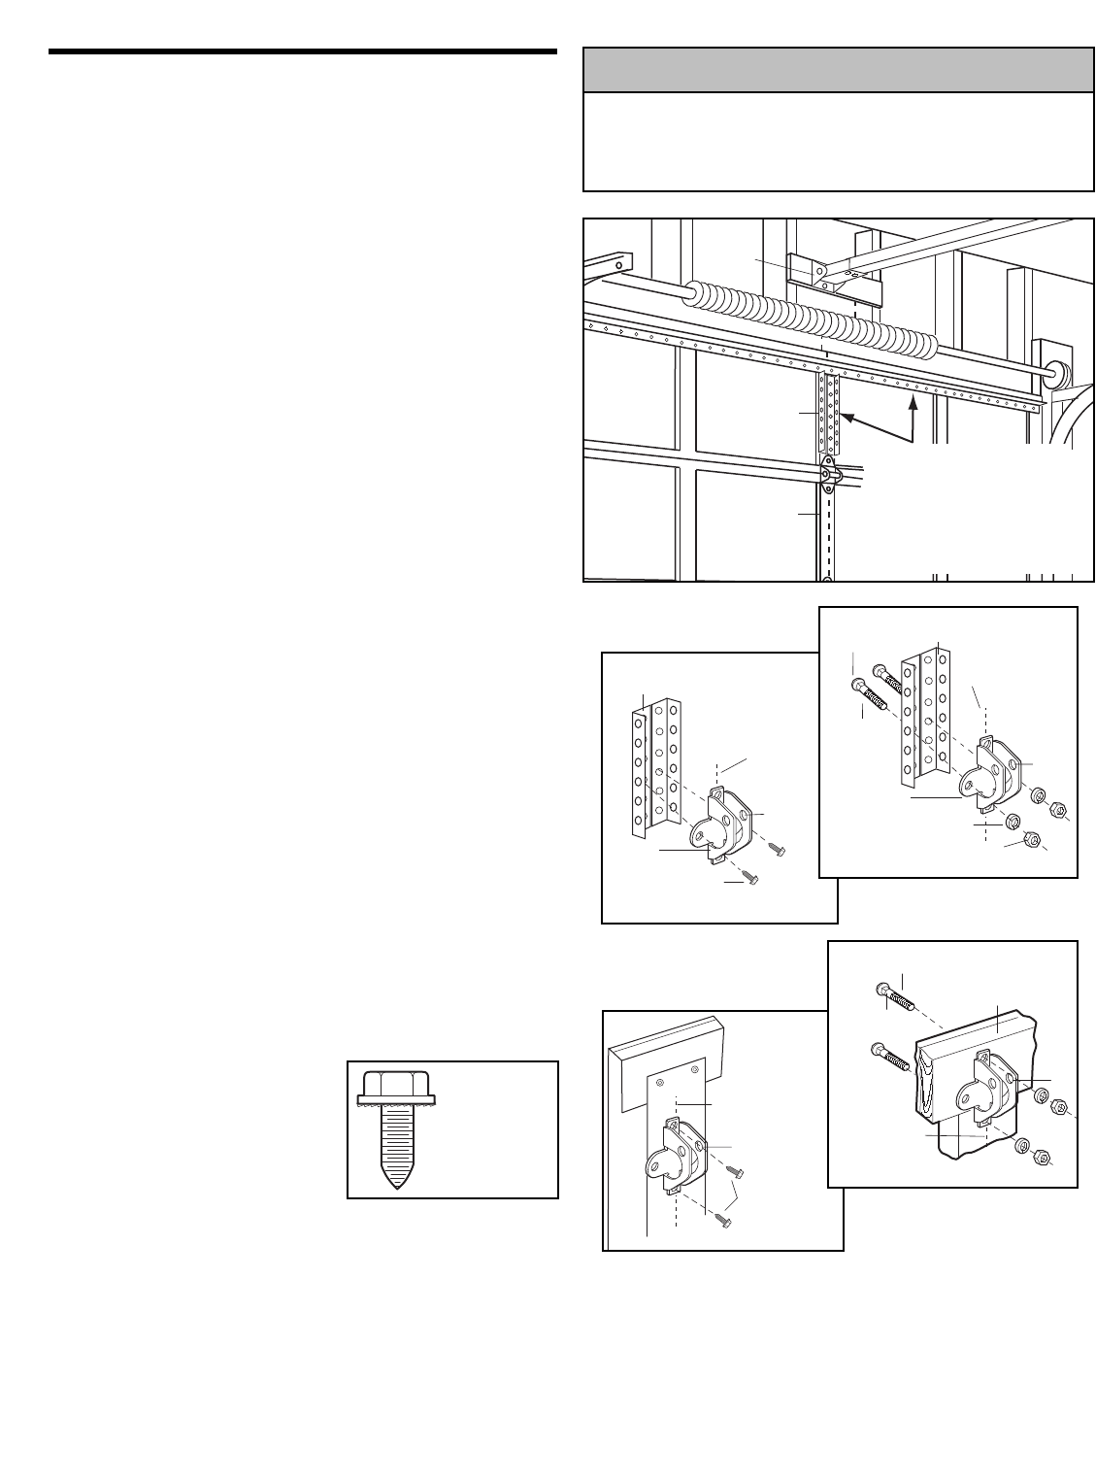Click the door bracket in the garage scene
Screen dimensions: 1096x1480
tap(828, 474)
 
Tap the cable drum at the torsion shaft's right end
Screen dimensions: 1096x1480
tap(1058, 371)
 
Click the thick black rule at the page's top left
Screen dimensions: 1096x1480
tap(301, 50)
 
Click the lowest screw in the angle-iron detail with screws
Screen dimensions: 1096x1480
tap(750, 877)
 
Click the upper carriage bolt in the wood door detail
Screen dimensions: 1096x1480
tap(897, 994)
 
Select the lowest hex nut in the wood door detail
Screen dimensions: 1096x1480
tap(1043, 1156)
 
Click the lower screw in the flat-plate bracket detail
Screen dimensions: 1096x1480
tap(724, 1218)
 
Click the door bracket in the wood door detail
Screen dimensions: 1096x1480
tap(981, 1096)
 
